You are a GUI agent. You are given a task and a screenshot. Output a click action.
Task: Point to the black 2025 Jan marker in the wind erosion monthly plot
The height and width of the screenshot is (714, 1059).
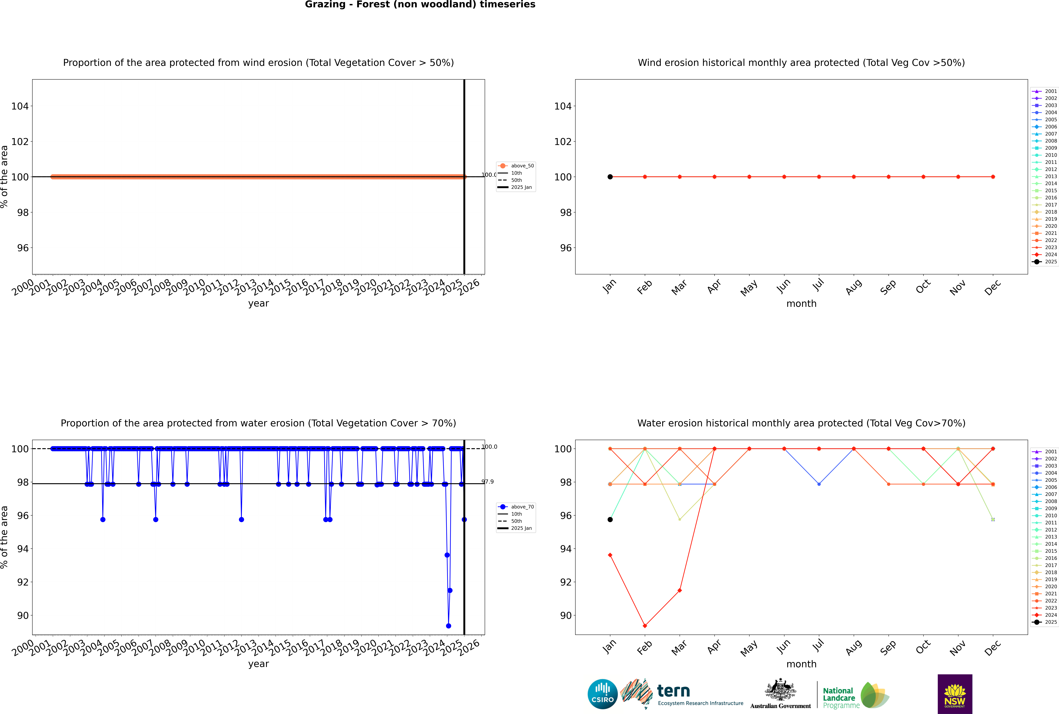[610, 177]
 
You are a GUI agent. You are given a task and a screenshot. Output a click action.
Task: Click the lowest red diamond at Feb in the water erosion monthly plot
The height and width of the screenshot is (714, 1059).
[645, 626]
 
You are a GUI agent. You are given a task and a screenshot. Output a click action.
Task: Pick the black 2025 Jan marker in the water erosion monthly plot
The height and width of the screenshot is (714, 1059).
[610, 520]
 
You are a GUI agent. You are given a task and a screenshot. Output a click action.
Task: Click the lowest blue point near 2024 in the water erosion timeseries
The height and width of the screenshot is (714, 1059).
[448, 626]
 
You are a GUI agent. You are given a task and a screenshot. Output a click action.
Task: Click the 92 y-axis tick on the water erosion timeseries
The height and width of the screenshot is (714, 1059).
[23, 582]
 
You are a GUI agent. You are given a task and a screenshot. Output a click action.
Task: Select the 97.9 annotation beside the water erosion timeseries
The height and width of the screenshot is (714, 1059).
[488, 482]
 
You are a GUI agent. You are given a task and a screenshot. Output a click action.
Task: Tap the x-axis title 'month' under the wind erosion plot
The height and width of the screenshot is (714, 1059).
[801, 304]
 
